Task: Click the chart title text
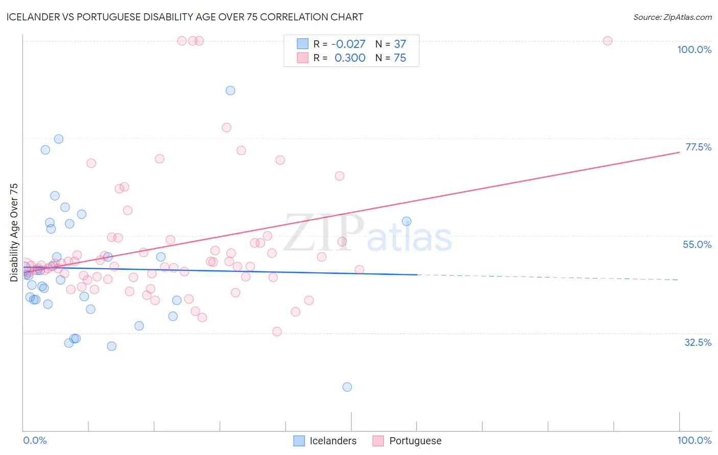tap(185, 17)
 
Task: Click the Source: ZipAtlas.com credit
tap(672, 17)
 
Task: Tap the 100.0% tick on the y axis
tap(694, 49)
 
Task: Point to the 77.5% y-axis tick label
tap(698, 147)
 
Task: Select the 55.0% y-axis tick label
tap(697, 244)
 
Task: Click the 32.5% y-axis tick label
tap(698, 342)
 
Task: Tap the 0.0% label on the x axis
tap(35, 440)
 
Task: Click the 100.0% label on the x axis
tap(694, 440)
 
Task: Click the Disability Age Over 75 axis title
tap(14, 232)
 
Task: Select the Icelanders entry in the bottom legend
tap(332, 441)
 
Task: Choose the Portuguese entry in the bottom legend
tap(415, 441)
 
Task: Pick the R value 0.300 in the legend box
tap(350, 58)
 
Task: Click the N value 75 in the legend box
tap(400, 58)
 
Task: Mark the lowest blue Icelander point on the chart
tap(347, 387)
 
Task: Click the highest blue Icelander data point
tap(230, 90)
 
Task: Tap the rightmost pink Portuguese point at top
tap(608, 41)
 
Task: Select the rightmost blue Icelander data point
tap(406, 221)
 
